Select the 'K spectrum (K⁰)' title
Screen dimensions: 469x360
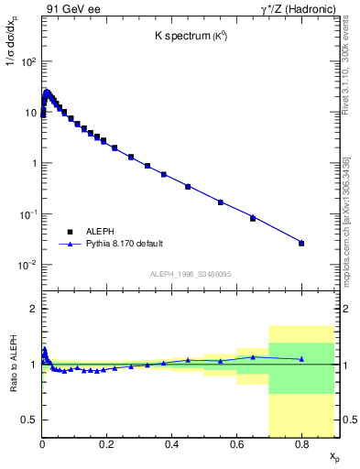coord(191,36)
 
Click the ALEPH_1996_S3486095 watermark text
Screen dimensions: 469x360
coord(190,274)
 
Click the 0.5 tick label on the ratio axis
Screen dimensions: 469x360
coord(27,420)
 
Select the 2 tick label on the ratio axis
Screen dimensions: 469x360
coord(32,309)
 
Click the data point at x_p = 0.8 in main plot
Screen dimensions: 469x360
coord(301,243)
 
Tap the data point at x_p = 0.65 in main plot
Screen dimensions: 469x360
coord(253,218)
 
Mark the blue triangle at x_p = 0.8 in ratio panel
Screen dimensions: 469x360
coord(301,359)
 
